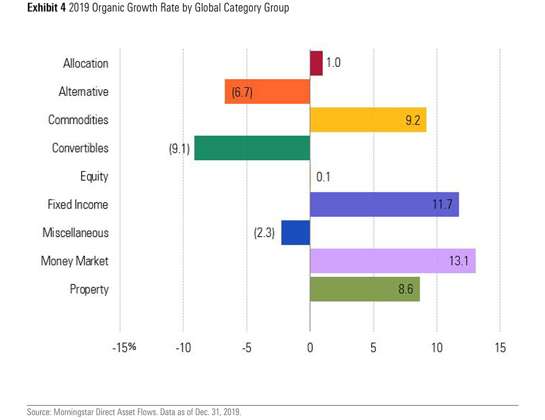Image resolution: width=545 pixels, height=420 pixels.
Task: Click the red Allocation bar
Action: (x=316, y=63)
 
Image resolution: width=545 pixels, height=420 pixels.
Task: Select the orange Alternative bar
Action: (x=267, y=92)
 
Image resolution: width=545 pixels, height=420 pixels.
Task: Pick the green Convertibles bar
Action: (x=252, y=148)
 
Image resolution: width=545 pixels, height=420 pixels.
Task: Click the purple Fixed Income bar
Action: (x=384, y=204)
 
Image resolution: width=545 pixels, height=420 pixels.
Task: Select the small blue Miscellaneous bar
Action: (x=296, y=233)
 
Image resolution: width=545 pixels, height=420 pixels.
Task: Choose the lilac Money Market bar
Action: (x=393, y=261)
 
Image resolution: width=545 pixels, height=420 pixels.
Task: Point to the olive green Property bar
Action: (x=365, y=289)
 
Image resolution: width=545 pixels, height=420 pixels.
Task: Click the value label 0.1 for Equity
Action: (x=323, y=176)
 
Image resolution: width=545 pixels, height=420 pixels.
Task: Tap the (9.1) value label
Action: (x=179, y=148)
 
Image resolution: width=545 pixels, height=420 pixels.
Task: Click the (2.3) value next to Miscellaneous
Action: (x=265, y=233)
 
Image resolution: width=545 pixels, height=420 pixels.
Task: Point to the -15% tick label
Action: (x=124, y=347)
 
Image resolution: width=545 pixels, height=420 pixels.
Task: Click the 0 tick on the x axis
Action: (x=310, y=347)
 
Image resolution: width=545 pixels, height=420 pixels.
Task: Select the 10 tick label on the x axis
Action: (x=437, y=347)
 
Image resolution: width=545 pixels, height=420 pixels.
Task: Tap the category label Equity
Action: (x=94, y=176)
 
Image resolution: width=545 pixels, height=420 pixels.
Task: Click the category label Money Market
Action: (x=74, y=261)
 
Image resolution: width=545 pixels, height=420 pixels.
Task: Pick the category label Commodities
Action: (x=78, y=120)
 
